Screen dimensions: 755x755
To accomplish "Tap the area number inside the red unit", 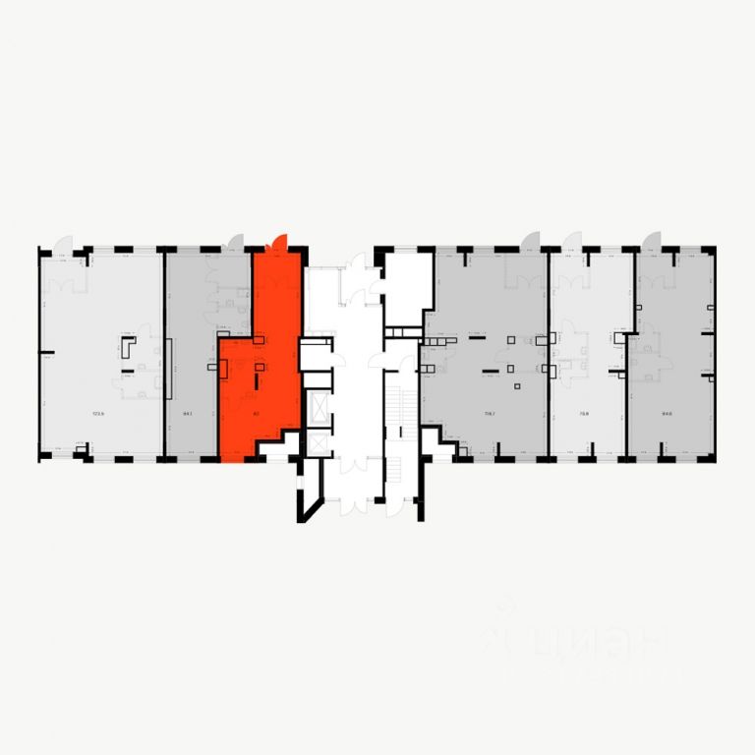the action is (x=256, y=413).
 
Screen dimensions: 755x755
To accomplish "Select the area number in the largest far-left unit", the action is (x=97, y=413).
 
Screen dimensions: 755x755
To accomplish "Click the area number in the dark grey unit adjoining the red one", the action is (x=187, y=413).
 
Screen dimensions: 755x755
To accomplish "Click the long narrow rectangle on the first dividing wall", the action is (x=169, y=369).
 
